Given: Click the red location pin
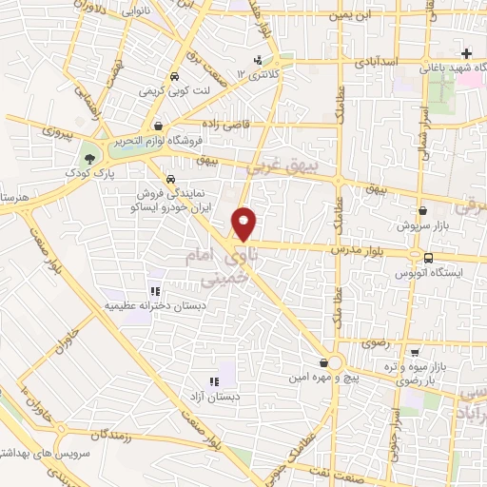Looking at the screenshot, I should (244, 224).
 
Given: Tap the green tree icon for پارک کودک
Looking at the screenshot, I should (90, 159).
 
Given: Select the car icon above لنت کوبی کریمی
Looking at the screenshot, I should (174, 77).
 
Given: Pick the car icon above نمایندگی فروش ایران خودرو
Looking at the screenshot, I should (169, 179).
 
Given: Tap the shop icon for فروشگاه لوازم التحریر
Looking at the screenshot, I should (158, 126).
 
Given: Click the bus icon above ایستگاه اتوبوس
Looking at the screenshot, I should (428, 258).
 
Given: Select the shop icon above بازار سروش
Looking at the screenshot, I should (422, 212).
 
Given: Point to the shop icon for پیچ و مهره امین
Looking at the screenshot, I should (325, 361).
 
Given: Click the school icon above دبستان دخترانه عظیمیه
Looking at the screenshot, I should (153, 292).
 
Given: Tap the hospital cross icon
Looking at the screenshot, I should (466, 52).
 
